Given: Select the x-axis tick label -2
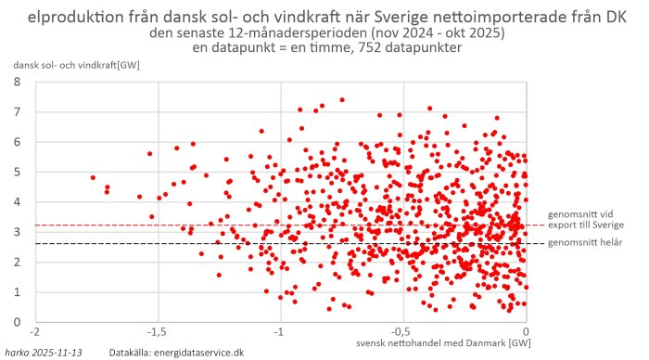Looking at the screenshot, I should click(x=35, y=331).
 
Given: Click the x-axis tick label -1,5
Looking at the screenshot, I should click(x=157, y=331).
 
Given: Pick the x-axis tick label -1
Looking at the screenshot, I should click(x=279, y=331).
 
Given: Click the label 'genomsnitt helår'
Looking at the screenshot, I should click(x=586, y=243).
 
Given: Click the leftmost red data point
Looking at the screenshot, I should click(x=93, y=177).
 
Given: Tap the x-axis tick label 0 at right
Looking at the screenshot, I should click(x=526, y=331).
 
